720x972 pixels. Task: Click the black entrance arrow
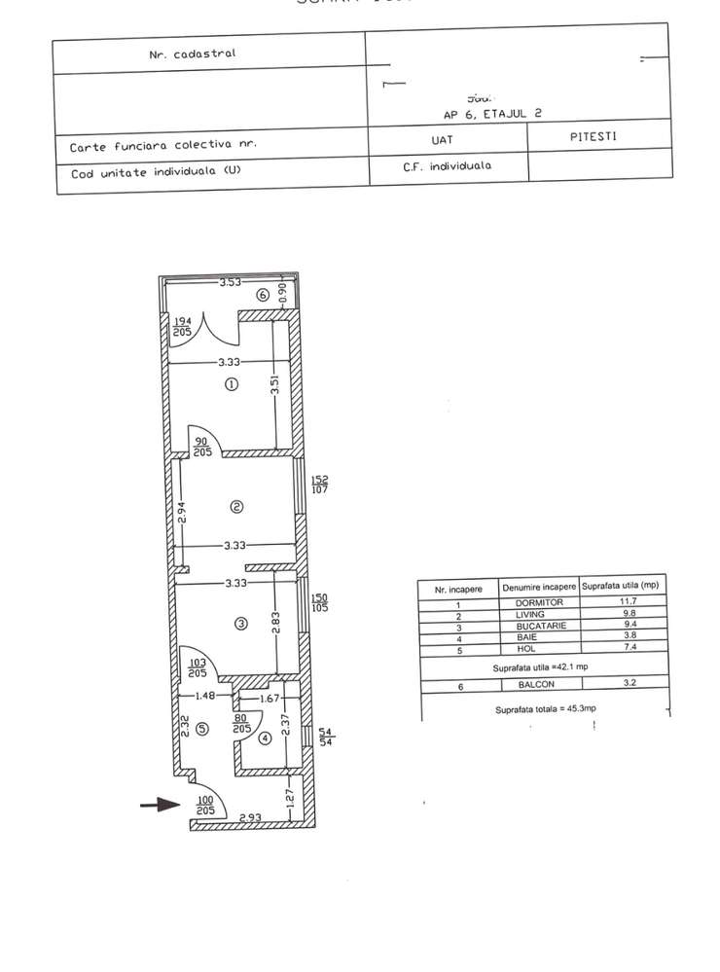161,805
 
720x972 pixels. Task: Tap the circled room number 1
232,384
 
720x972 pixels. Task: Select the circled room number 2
235,506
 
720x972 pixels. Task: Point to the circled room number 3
240,624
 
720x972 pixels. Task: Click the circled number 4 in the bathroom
264,738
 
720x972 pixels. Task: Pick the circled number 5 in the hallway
201,728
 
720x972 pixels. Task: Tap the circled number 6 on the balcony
261,295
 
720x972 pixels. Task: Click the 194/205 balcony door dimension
182,327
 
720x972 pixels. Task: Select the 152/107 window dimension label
319,484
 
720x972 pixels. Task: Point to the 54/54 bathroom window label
327,737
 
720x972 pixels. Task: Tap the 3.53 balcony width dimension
230,283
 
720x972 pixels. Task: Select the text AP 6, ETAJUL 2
492,113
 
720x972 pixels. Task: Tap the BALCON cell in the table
538,686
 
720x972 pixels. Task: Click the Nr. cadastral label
192,54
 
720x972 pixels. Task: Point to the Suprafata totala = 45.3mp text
543,710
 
